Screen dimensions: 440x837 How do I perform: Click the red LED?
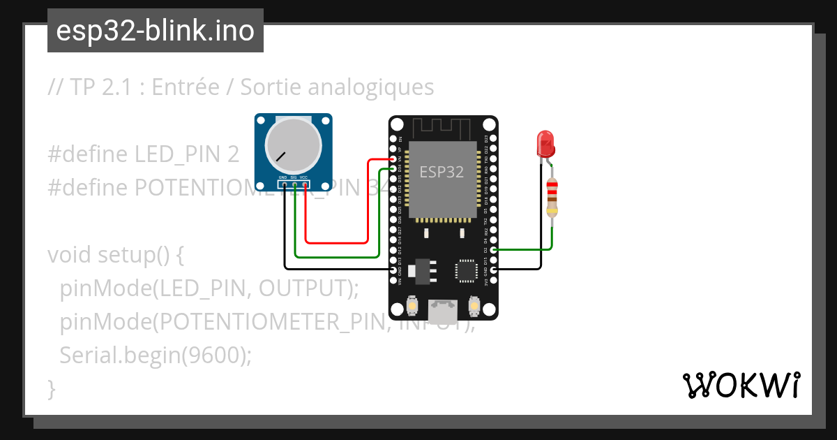tap(545, 143)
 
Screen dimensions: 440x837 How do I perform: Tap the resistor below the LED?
tap(552, 198)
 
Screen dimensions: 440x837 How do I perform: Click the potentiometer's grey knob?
tap(294, 145)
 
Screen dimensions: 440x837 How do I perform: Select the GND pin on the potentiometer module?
tap(284, 185)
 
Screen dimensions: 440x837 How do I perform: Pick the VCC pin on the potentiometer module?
tap(304, 185)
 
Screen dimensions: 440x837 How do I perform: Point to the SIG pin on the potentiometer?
tap(294, 185)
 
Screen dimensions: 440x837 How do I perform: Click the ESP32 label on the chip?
tap(441, 173)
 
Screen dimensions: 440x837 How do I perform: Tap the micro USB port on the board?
tap(442, 311)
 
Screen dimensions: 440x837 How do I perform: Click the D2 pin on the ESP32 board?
tap(494, 249)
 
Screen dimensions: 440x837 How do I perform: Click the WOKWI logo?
tap(741, 385)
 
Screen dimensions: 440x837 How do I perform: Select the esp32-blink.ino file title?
tap(155, 31)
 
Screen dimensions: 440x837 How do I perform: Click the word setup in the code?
tap(119, 255)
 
